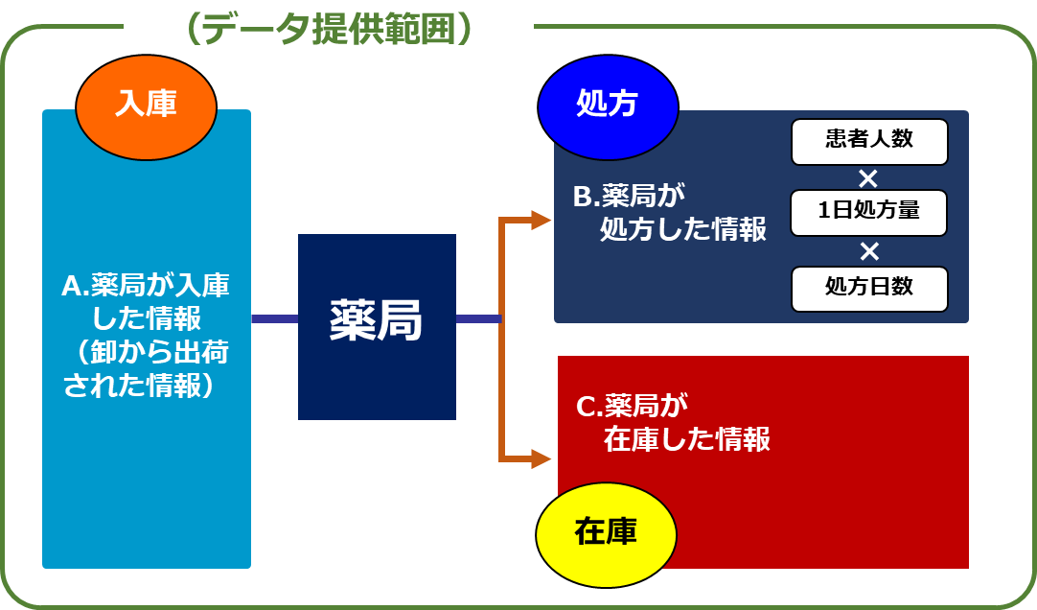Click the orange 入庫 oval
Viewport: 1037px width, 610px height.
tap(146, 104)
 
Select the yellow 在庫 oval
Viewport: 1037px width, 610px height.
tap(606, 532)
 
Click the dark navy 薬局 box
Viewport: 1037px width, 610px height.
tap(377, 326)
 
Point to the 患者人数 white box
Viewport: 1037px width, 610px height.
tap(868, 141)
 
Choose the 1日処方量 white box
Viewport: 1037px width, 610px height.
tap(868, 212)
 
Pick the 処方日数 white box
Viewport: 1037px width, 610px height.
tap(868, 288)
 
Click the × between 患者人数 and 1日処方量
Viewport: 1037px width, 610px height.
tap(868, 177)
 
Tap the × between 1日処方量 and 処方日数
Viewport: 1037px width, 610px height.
tap(868, 250)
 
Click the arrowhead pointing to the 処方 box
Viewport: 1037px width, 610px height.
tap(542, 221)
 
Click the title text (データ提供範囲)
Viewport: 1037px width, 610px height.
tap(328, 31)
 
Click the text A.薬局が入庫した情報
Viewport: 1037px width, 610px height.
tap(146, 299)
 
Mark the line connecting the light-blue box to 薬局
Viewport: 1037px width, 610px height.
tap(274, 318)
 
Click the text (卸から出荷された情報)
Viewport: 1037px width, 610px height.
tap(146, 369)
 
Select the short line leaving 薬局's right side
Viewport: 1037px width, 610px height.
tap(477, 318)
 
